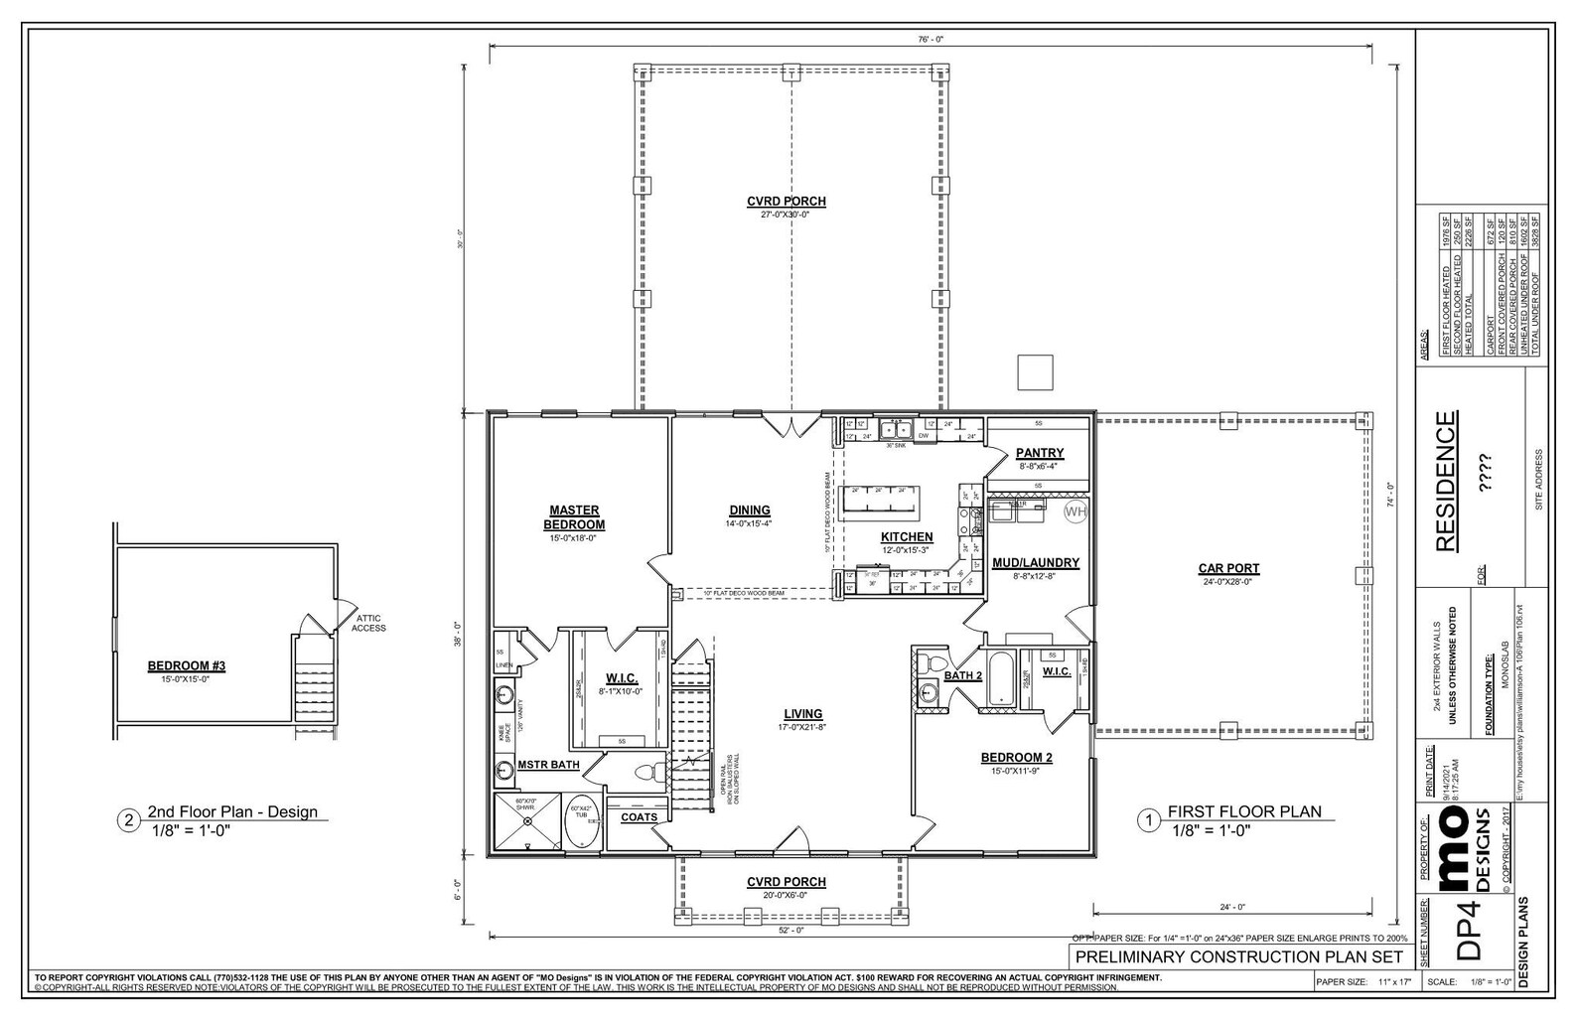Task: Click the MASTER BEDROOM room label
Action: [x=573, y=517]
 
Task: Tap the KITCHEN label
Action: [x=906, y=537]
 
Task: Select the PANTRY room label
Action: [x=1039, y=453]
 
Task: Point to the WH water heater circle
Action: [x=1075, y=511]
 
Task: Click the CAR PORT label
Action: [x=1228, y=569]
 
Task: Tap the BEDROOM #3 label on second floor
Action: [x=187, y=666]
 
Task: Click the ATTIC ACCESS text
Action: [x=367, y=623]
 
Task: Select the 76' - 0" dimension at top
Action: [x=930, y=39]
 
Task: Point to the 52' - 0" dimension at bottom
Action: [x=790, y=931]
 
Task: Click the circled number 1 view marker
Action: [x=1149, y=819]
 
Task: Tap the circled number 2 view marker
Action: [x=127, y=819]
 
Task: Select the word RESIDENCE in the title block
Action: [x=1447, y=482]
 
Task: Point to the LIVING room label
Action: [x=802, y=713]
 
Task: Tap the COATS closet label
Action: [x=639, y=817]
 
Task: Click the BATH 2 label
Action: [x=962, y=675]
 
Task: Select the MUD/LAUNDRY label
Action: [x=1036, y=562]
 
